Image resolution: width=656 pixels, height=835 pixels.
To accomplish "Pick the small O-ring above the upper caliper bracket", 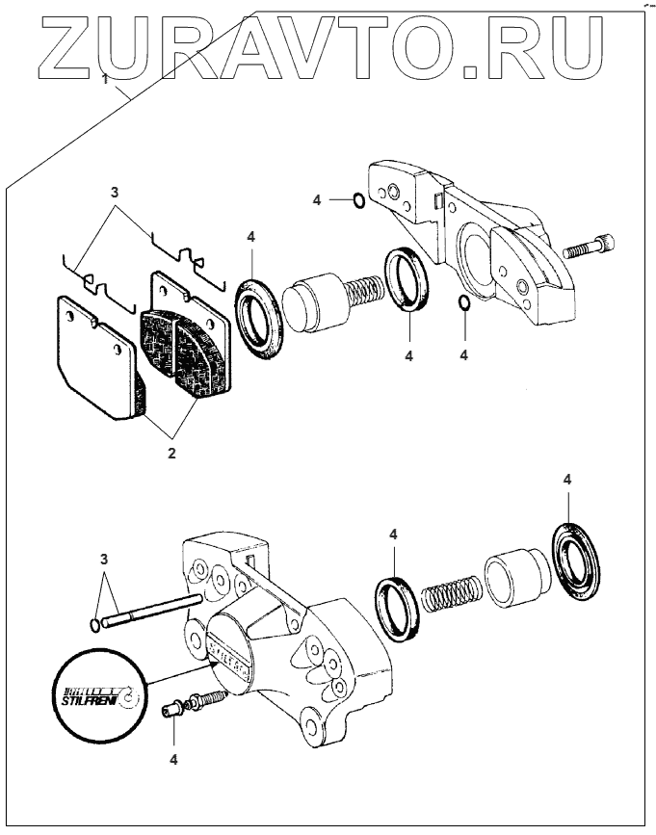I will [356, 200].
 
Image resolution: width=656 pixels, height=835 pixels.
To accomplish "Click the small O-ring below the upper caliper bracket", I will [463, 304].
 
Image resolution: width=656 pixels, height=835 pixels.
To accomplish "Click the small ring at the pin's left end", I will [93, 625].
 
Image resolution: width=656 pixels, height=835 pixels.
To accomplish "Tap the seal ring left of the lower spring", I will [396, 606].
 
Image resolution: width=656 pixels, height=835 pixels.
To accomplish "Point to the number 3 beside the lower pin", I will [106, 560].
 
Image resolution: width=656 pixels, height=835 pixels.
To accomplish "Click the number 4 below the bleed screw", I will [173, 758].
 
